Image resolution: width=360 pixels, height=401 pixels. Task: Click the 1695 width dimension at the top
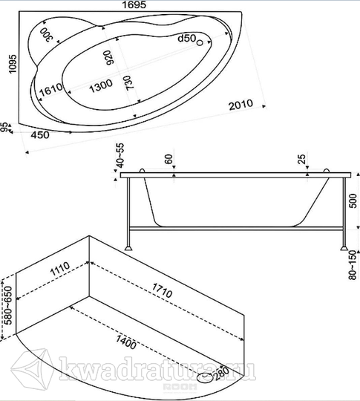point(134,4)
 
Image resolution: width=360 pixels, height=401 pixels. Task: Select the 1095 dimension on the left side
point(13,64)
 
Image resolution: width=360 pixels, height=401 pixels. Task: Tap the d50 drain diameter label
point(187,39)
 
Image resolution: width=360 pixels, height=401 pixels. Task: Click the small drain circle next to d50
point(200,43)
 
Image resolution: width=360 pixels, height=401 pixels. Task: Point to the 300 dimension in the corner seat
point(47,34)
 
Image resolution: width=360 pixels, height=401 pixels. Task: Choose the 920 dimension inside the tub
point(108,57)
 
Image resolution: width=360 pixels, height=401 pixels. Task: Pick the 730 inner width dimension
point(130,82)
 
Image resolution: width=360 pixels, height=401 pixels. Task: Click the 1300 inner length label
point(101,85)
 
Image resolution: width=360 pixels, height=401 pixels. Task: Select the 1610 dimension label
point(51,90)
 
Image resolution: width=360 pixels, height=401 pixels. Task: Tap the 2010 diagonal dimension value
point(240,105)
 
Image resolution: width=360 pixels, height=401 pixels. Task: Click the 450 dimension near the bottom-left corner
point(40,134)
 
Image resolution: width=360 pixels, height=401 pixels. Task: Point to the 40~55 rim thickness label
point(120,155)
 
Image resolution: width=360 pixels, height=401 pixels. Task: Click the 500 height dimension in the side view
point(353,200)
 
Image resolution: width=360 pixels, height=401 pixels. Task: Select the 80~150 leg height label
point(353,265)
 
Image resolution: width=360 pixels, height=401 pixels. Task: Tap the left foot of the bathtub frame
point(128,248)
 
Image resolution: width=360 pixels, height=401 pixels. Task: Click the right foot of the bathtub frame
point(344,247)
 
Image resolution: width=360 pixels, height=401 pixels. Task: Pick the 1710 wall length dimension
point(163,290)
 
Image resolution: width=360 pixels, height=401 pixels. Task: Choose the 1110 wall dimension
point(60,269)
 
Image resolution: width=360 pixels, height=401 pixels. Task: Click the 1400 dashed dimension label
point(126,342)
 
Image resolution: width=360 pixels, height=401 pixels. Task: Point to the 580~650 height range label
point(8,305)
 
